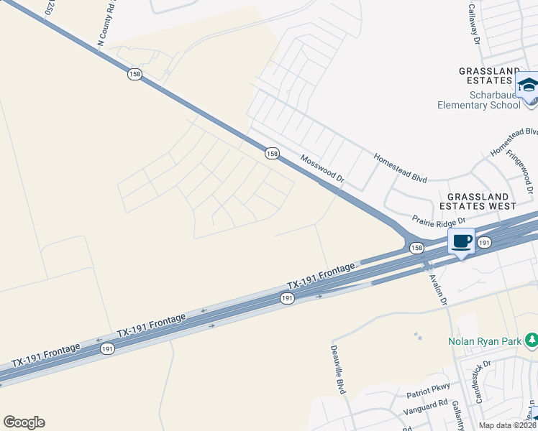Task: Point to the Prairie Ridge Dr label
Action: pos(439,219)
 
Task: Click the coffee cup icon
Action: pos(462,241)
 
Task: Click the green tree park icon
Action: pos(531,338)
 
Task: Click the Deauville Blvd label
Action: pos(338,367)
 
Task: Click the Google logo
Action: pos(24,422)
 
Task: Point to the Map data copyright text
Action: pos(507,425)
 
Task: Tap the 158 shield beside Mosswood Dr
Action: pos(271,153)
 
